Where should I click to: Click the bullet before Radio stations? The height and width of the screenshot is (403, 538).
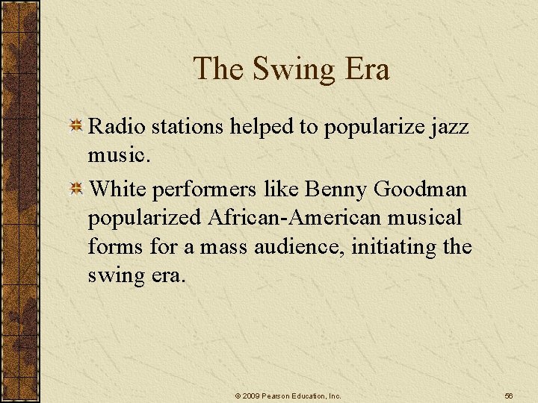click(x=76, y=128)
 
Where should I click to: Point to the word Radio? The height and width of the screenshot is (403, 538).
click(x=117, y=127)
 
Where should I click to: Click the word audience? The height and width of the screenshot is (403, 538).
click(x=309, y=246)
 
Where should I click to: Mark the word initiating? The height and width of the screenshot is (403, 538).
click(x=401, y=246)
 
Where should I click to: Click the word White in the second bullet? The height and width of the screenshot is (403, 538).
click(x=117, y=190)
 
